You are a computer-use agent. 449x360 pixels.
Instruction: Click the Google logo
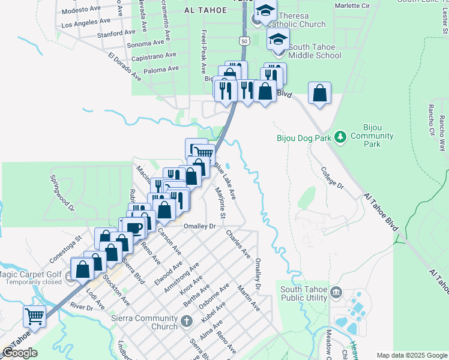click(x=20, y=353)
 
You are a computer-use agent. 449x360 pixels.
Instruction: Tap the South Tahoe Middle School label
click(x=315, y=51)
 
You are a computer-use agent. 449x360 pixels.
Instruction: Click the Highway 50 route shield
click(x=243, y=41)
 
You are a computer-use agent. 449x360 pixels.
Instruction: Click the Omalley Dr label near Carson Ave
click(x=199, y=226)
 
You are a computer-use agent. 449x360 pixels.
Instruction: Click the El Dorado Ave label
click(x=124, y=68)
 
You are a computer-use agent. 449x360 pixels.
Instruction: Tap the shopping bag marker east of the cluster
click(x=319, y=93)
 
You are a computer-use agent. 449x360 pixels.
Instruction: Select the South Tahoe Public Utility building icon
click(x=335, y=293)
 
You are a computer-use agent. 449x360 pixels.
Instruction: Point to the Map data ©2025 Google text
click(x=411, y=355)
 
